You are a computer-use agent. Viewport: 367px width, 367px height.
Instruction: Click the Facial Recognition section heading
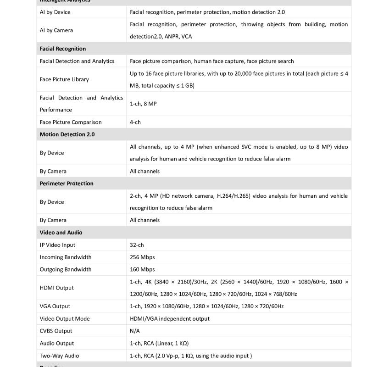(63, 49)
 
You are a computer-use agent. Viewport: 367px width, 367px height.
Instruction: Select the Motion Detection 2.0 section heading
(67, 134)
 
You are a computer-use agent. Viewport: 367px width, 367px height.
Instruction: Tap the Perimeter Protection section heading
(67, 183)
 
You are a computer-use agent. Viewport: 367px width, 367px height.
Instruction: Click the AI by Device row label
(55, 12)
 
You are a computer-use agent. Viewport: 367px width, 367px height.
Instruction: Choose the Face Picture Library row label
(64, 79)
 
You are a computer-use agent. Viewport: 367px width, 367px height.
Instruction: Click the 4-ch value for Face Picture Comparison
(135, 122)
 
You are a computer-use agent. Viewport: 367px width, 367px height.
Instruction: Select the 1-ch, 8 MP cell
(143, 104)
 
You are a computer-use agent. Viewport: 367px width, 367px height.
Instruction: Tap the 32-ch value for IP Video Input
(137, 245)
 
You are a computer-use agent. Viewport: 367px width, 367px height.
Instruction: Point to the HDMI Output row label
(57, 288)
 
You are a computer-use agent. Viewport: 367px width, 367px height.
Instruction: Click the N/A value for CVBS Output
(135, 331)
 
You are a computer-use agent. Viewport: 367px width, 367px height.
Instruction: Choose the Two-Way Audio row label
(59, 356)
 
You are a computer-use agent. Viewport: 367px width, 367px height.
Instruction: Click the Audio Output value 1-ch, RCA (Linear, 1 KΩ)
(159, 343)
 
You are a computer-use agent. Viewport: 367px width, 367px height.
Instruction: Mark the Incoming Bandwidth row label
(66, 257)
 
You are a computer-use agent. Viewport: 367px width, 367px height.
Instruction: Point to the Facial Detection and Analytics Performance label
(81, 104)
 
